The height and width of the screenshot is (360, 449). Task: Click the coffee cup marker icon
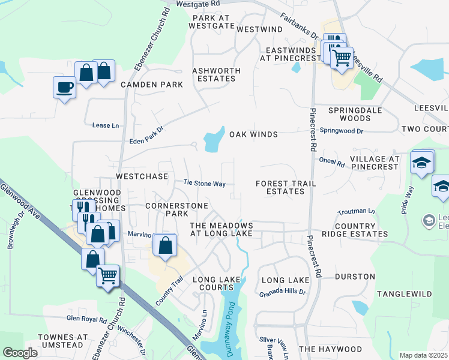pyautogui.click(x=64, y=87)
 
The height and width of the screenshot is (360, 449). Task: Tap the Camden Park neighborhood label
pyautogui.click(x=151, y=85)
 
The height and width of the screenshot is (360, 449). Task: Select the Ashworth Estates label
pyautogui.click(x=216, y=74)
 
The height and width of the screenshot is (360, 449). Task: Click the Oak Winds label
pyautogui.click(x=253, y=135)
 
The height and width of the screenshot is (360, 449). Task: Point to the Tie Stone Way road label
pyautogui.click(x=205, y=184)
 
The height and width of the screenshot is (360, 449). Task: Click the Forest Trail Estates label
pyautogui.click(x=280, y=187)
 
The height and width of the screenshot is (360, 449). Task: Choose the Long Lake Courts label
pyautogui.click(x=216, y=284)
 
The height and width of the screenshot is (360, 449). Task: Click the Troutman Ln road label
pyautogui.click(x=357, y=212)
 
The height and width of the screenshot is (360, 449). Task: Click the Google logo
pyautogui.click(x=20, y=353)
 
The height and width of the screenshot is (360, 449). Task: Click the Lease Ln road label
pyautogui.click(x=106, y=125)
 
